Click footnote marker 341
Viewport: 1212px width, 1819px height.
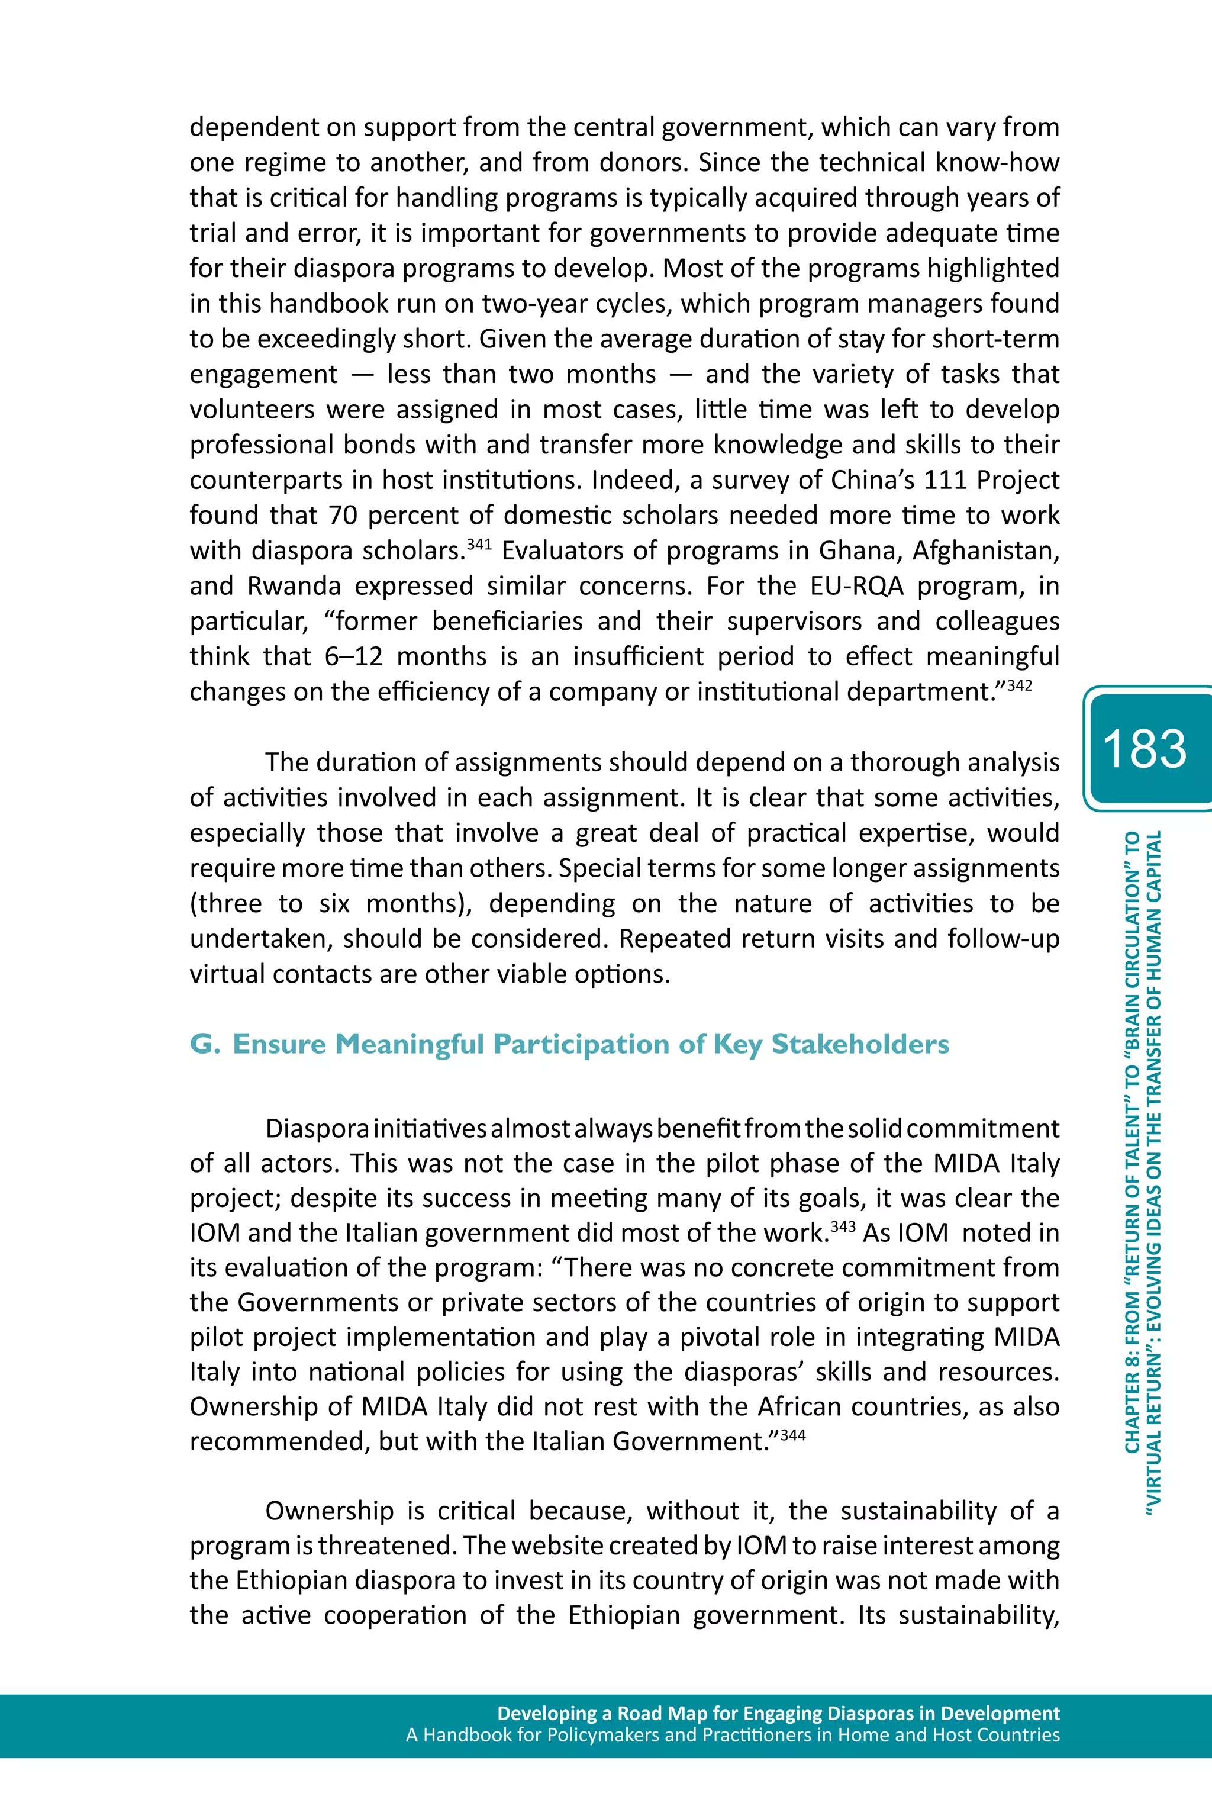(479, 544)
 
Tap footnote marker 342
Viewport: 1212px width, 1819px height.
(1020, 685)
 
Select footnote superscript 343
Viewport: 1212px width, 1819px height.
(843, 1226)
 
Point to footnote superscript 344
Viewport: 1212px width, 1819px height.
(793, 1435)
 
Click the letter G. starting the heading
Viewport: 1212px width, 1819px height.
(205, 1044)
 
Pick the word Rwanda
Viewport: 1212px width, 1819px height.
(294, 586)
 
